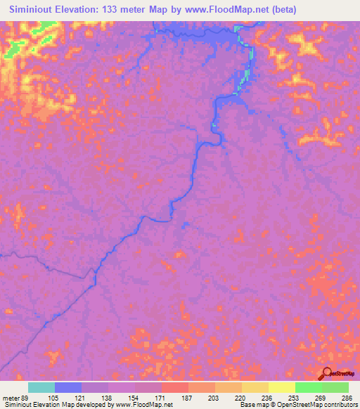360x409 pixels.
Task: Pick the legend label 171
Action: (160, 397)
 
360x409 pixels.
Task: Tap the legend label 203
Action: (214, 397)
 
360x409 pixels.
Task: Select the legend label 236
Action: (267, 397)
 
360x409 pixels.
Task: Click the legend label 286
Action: (346, 397)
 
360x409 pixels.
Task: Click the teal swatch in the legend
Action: (41, 387)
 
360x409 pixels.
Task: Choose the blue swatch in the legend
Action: (68, 387)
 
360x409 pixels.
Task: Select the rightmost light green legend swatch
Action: (335, 387)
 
